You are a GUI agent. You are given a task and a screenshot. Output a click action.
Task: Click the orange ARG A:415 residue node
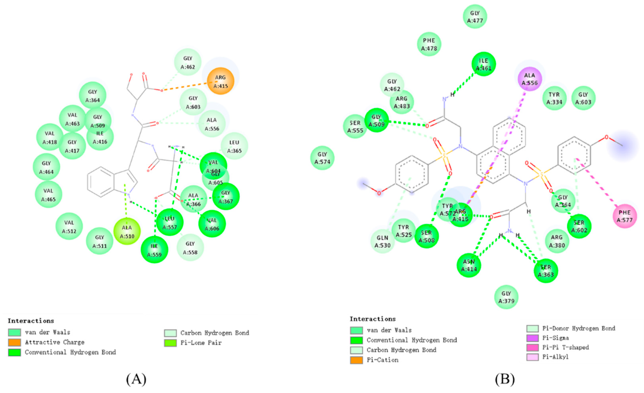click(x=221, y=81)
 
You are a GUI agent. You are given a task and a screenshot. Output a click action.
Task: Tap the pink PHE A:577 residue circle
click(x=625, y=216)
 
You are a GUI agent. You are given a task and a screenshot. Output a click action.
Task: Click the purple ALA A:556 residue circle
click(x=530, y=79)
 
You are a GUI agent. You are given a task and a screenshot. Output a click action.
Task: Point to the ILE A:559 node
click(x=154, y=250)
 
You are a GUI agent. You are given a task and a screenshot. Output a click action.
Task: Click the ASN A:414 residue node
click(x=469, y=265)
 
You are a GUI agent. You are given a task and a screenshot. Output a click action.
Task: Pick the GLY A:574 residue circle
click(x=322, y=158)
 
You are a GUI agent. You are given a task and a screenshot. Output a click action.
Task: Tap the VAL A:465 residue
click(x=48, y=195)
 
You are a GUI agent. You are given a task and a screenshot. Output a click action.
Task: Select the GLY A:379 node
click(x=506, y=297)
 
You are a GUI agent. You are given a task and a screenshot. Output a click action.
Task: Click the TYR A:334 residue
click(x=554, y=98)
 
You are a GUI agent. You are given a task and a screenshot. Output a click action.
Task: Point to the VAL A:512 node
click(x=69, y=226)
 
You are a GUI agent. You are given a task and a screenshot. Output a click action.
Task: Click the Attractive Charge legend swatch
click(x=14, y=342)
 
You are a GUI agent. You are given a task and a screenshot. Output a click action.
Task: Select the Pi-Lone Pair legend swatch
click(x=170, y=343)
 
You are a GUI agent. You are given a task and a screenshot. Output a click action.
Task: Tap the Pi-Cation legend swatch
click(x=356, y=360)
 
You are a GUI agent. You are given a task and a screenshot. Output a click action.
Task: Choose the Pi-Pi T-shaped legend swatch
click(x=532, y=348)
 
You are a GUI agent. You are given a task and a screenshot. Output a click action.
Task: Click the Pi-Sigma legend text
click(x=555, y=338)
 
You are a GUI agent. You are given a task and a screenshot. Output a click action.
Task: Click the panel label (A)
click(x=136, y=379)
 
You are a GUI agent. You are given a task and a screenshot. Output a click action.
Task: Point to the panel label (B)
click(x=505, y=379)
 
